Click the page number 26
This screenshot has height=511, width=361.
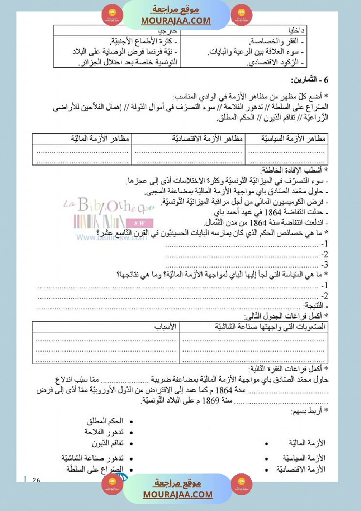(x=36, y=480)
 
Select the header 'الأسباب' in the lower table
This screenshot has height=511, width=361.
(x=166, y=326)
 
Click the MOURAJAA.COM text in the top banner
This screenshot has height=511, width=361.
(x=176, y=21)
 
